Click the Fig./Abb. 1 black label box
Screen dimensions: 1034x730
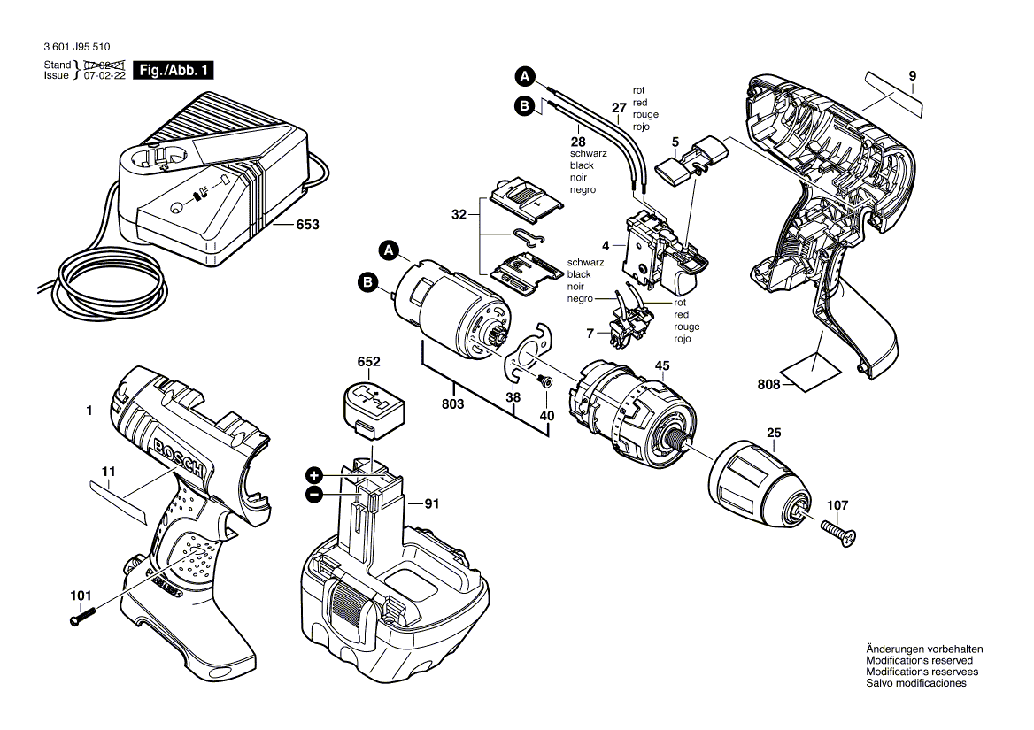coord(174,70)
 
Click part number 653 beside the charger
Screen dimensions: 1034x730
coord(307,225)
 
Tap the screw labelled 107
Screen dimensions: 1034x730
coord(839,531)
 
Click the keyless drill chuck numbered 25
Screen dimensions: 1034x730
coord(759,481)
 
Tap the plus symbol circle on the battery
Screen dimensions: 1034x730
coord(314,476)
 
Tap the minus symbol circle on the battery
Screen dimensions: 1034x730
coord(314,495)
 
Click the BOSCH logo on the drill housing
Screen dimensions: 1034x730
coord(180,457)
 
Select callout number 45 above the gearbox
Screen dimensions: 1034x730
coord(662,366)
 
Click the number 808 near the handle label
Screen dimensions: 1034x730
coord(769,384)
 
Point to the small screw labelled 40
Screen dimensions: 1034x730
coord(544,380)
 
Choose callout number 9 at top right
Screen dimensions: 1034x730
coord(913,76)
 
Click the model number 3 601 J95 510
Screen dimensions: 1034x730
coord(77,47)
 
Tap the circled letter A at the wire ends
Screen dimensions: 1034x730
coord(525,77)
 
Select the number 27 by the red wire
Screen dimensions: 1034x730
coord(619,108)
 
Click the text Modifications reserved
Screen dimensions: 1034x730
coord(919,660)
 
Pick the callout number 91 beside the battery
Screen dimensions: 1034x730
coord(431,504)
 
